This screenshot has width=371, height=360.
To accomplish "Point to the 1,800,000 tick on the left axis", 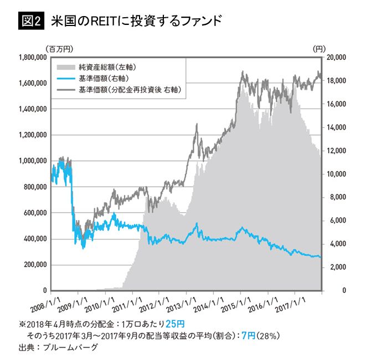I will pyautogui.click(x=32, y=57).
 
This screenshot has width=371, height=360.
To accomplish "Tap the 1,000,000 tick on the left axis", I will pyautogui.click(x=32, y=161).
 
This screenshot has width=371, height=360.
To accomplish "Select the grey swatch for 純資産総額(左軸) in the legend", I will pyautogui.click(x=67, y=66).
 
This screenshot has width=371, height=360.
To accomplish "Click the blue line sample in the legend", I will pyautogui.click(x=67, y=77).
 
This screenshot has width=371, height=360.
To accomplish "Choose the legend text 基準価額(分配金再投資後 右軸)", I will pyautogui.click(x=131, y=89).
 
